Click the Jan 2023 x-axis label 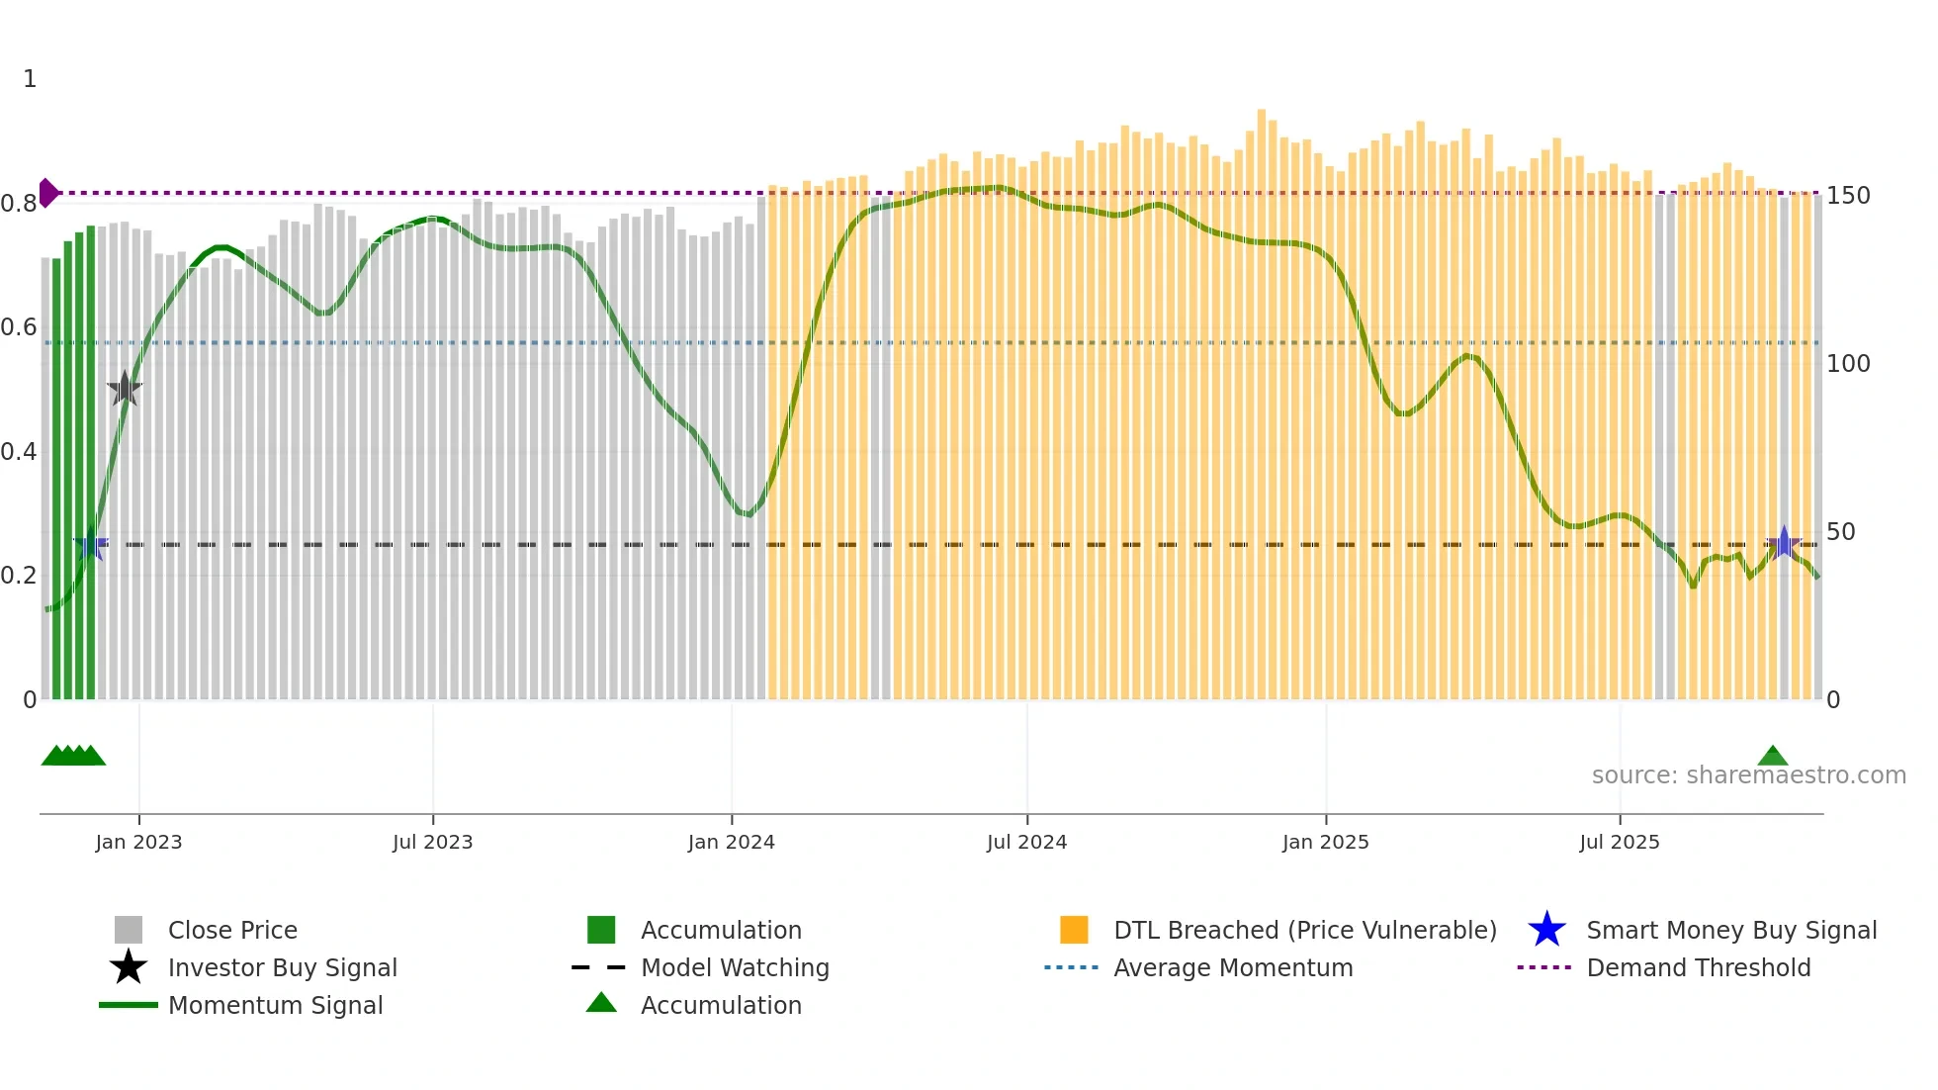(x=138, y=842)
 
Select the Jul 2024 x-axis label (x=1026, y=842)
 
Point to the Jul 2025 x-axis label (x=1619, y=842)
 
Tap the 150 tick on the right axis (x=1847, y=196)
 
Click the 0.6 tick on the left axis (x=19, y=327)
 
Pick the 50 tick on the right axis (x=1840, y=532)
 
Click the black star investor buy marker (x=125, y=389)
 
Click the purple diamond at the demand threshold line (x=47, y=193)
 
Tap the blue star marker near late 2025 (x=1783, y=543)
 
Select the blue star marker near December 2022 (x=91, y=545)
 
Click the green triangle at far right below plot (x=1772, y=757)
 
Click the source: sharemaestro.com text (x=1748, y=775)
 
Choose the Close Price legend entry (x=231, y=930)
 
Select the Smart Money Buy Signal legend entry (x=1730, y=930)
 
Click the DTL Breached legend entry (x=1304, y=930)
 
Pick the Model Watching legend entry (x=734, y=967)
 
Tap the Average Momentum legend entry (x=1232, y=967)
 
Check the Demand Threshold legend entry (x=1698, y=967)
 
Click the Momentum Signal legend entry (x=275, y=1005)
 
